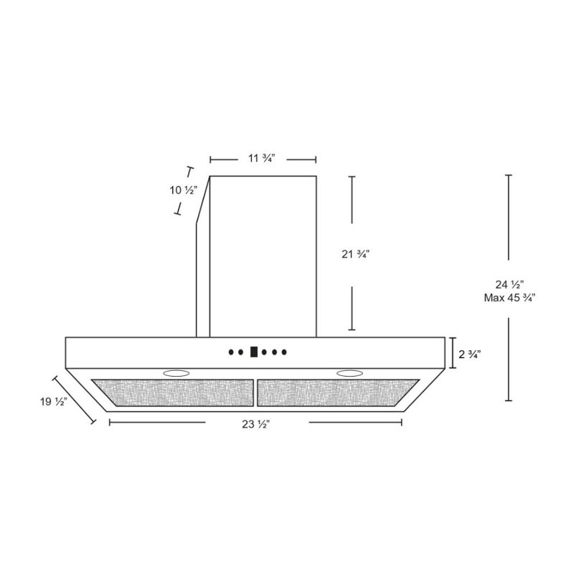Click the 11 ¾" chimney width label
[261, 159]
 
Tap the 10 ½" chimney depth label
[184, 190]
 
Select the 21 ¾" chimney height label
[355, 254]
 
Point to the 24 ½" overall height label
[509, 284]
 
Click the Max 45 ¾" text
[509, 298]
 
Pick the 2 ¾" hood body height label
[470, 354]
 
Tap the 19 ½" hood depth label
[53, 402]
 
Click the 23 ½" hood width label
[256, 424]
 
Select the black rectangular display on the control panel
[254, 352]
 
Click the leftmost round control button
[231, 352]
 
